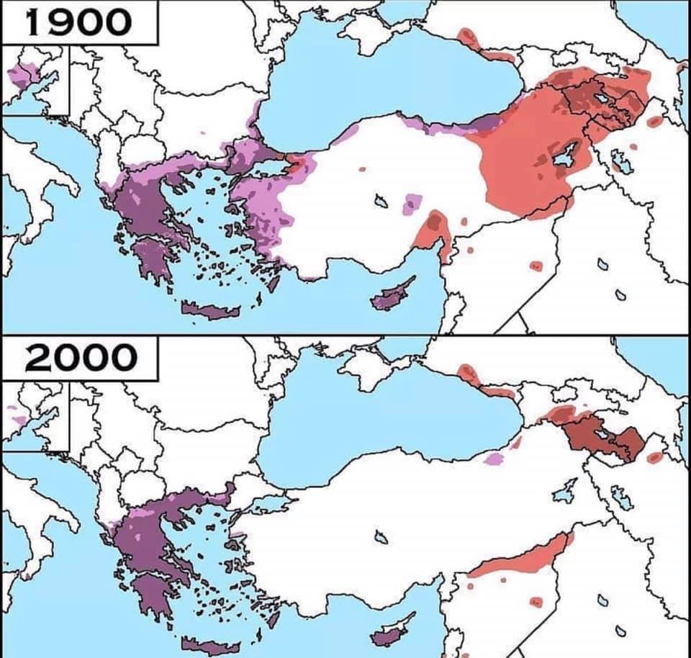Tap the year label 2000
[80, 358]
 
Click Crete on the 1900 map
[209, 310]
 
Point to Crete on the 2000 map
[209, 645]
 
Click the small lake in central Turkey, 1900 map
[381, 201]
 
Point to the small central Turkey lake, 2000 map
[381, 537]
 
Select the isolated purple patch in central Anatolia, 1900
[412, 204]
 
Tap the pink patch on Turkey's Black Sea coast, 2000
[494, 458]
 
